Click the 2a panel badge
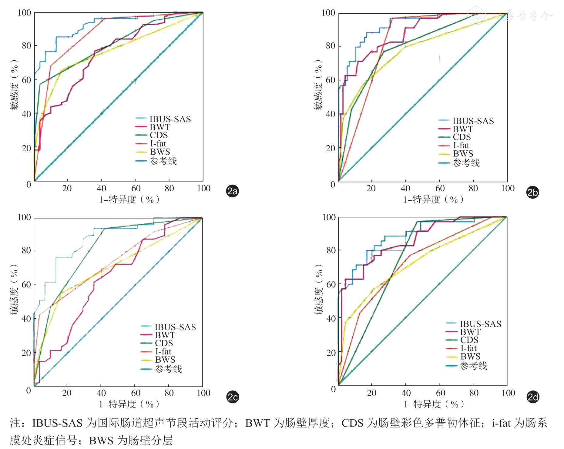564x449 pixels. (x=233, y=191)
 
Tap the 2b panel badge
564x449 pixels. (x=533, y=193)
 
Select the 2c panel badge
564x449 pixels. (x=233, y=397)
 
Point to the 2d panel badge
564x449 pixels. (x=533, y=397)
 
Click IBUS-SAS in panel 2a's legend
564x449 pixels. (x=170, y=119)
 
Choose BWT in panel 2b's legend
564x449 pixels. (x=463, y=129)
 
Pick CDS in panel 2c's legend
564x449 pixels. (x=164, y=343)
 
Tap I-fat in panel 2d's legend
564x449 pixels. (x=468, y=348)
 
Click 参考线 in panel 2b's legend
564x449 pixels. (x=466, y=163)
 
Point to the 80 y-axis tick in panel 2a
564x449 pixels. (x=24, y=46)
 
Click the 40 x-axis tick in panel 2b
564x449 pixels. (x=405, y=189)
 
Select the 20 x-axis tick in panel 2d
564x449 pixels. (x=371, y=393)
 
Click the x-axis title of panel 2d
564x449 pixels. (x=434, y=404)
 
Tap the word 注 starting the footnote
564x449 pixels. (x=15, y=423)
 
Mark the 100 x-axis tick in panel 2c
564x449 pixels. (x=203, y=393)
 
